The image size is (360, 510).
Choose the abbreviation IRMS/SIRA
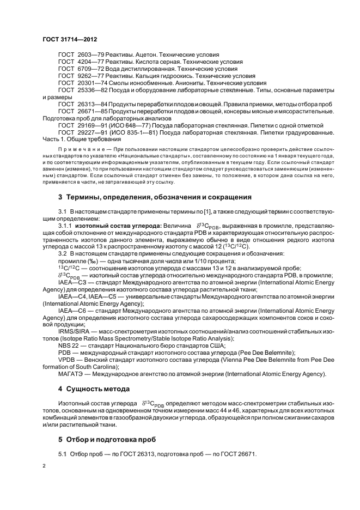tap(76, 331)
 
